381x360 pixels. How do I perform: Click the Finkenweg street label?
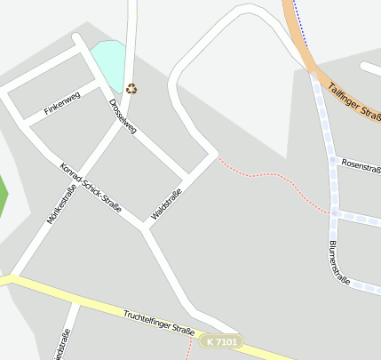(62, 104)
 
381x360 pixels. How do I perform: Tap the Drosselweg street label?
(123, 116)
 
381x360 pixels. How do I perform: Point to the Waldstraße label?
(167, 205)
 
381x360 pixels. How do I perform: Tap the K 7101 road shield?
(220, 341)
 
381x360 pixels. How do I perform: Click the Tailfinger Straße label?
(354, 99)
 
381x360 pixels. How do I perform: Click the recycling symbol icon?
(132, 88)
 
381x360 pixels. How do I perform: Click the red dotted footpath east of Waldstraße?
(266, 174)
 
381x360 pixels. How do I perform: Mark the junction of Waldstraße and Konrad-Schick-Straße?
(146, 228)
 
